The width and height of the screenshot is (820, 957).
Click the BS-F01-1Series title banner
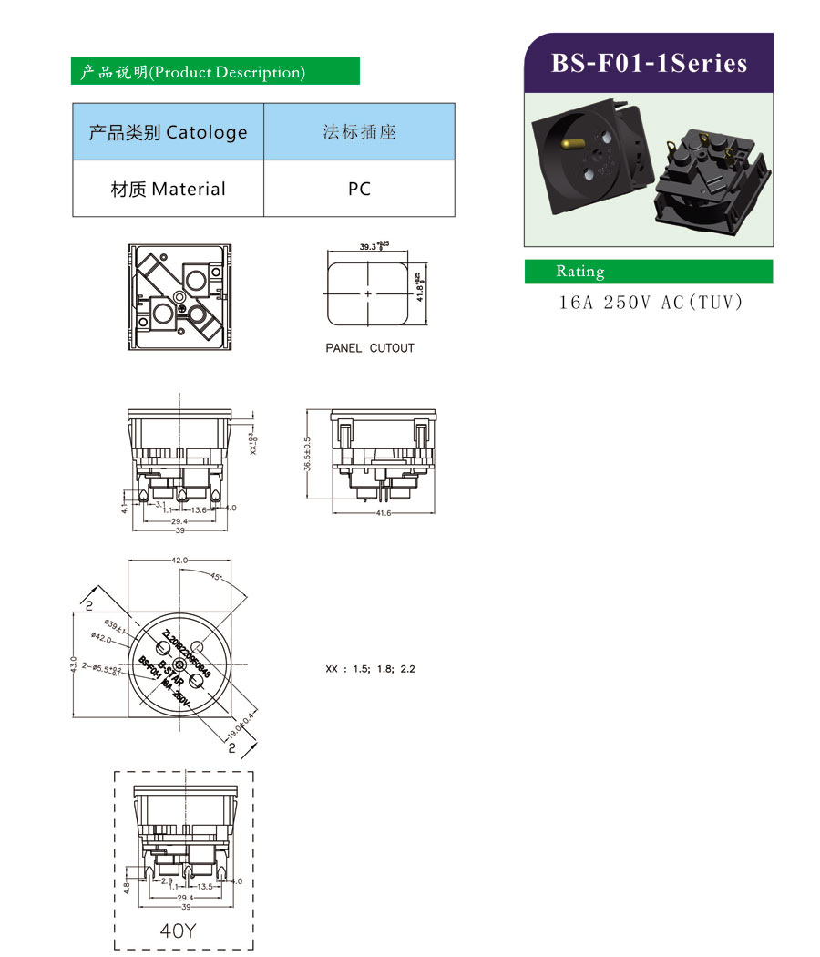point(649,63)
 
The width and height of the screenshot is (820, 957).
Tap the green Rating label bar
point(648,272)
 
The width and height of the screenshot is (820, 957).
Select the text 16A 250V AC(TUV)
point(651,302)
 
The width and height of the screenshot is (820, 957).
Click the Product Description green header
point(215,72)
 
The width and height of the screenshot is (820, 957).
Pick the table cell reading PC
point(359,189)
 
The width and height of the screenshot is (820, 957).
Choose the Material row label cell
point(168,189)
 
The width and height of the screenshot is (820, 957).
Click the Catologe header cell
point(168,132)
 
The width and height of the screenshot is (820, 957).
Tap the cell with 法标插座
point(359,132)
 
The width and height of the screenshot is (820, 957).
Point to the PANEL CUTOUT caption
point(370,348)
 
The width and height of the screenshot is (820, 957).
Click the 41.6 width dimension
point(383,513)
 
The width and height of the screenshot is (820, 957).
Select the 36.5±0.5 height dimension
point(309,453)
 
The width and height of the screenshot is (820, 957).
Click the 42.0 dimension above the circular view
point(179,560)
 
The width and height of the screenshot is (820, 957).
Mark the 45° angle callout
point(215,577)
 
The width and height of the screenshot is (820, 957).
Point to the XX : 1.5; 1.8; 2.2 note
point(370,669)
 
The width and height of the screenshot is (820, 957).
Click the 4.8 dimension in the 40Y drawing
point(127,884)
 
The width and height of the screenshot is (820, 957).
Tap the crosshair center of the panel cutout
point(368,294)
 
